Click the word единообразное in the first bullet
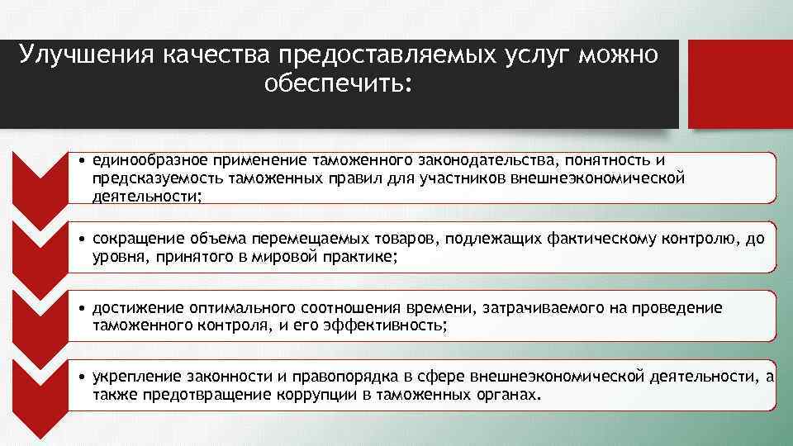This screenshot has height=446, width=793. [150, 159]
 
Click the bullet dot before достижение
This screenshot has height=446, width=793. [83, 308]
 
